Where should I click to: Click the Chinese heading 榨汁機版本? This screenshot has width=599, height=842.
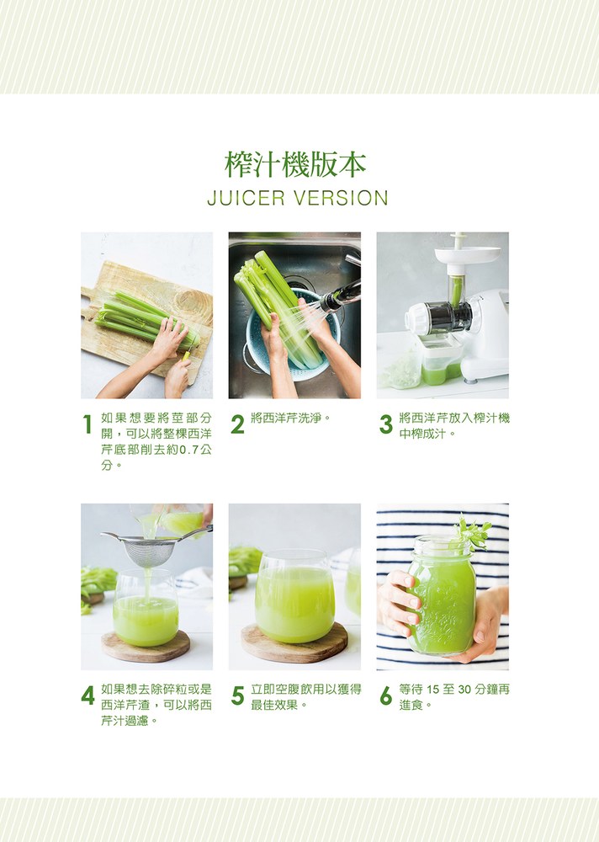295,164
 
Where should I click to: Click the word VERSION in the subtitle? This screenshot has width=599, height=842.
341,198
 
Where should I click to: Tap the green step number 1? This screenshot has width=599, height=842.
87,424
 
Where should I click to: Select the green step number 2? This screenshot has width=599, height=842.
237,424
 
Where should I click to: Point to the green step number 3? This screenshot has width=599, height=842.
386,424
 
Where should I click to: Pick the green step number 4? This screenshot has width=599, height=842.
88,696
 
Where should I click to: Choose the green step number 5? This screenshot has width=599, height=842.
237,696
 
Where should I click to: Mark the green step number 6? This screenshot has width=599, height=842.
386,696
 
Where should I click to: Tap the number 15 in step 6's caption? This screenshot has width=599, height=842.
433,690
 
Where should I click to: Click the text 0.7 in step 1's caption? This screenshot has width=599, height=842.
188,450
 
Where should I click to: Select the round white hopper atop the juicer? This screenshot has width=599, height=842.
467,254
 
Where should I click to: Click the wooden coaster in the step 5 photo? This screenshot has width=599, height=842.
294,642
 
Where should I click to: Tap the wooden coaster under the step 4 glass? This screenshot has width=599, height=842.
146,646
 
